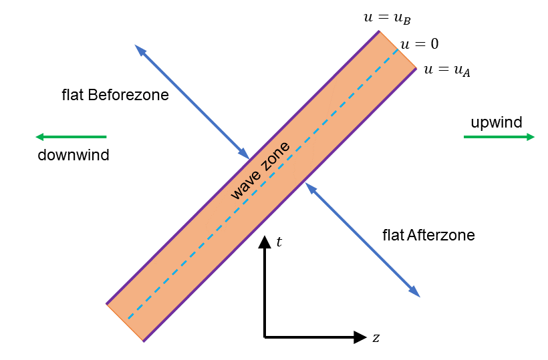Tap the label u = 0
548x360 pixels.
[419, 45]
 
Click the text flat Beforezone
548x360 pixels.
[115, 95]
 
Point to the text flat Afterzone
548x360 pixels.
[428, 235]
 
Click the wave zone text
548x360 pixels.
[260, 171]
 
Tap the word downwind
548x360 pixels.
[73, 156]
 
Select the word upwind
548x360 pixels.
[496, 122]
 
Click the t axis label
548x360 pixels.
[279, 241]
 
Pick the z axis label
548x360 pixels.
[376, 338]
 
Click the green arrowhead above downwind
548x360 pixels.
[40, 137]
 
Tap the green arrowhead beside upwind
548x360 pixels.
[530, 137]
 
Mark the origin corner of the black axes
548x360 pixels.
[265, 337]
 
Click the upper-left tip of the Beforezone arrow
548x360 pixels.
[136, 47]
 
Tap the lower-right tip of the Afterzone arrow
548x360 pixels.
[418, 295]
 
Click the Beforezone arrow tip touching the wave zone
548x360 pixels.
[247, 155]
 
